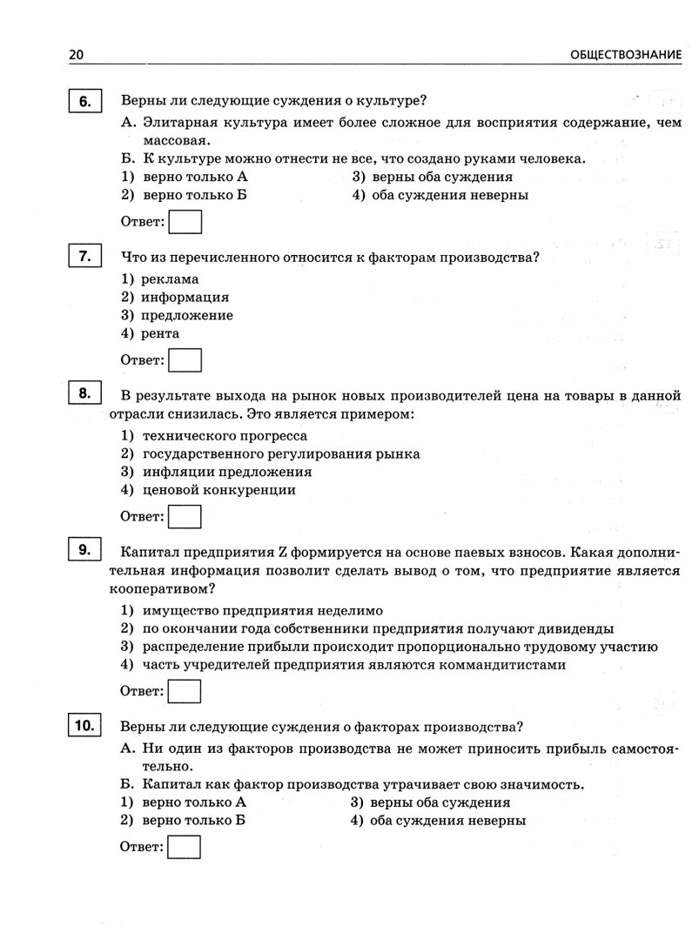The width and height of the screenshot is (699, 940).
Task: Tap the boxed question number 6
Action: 85,103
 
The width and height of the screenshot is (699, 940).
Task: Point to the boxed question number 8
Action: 85,394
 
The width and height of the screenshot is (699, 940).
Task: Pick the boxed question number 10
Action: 85,725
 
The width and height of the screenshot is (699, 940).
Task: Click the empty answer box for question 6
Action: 185,222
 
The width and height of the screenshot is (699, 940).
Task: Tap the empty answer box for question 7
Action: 185,359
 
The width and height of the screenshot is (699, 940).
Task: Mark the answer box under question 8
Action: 185,516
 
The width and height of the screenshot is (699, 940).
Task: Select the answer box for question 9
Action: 185,691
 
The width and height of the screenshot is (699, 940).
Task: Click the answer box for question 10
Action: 185,847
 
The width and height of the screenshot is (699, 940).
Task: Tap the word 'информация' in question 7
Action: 185,298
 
